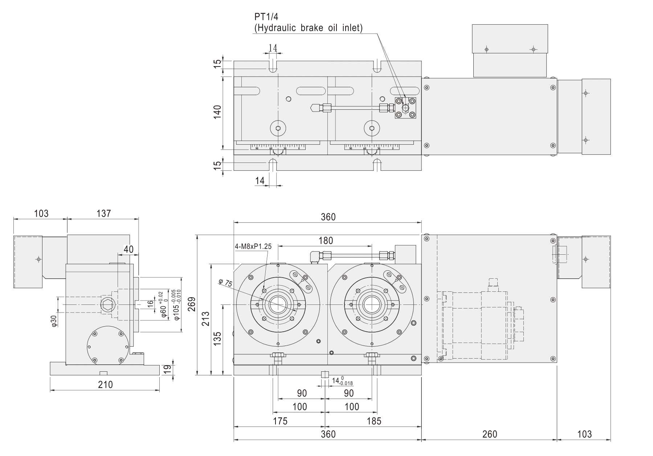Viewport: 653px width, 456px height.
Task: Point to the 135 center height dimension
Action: pyautogui.click(x=217, y=339)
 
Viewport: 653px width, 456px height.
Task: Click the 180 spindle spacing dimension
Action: pyautogui.click(x=325, y=241)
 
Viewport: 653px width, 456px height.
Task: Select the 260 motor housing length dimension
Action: pyautogui.click(x=489, y=434)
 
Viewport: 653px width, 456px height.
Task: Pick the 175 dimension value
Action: pyautogui.click(x=279, y=421)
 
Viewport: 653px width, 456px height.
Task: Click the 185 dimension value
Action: pyautogui.click(x=374, y=421)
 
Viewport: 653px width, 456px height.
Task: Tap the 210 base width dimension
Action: pyautogui.click(x=105, y=384)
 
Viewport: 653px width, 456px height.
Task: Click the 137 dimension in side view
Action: pyautogui.click(x=103, y=214)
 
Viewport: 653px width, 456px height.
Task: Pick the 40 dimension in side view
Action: pyautogui.click(x=128, y=249)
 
